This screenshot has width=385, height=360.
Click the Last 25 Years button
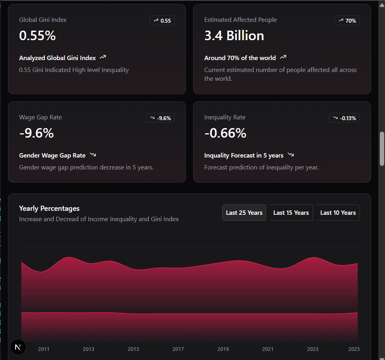[x=244, y=213]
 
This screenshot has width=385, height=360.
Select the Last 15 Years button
[x=291, y=213]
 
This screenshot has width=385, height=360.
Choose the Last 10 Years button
[x=338, y=213]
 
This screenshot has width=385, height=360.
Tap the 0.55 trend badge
[x=162, y=20]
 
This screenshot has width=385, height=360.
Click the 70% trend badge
[x=347, y=20]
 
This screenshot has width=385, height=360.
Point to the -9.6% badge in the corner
[x=160, y=118]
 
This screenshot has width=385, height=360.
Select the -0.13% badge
[x=344, y=118]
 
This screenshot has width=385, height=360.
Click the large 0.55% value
[x=37, y=36]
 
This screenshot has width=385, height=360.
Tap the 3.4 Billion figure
[x=234, y=36]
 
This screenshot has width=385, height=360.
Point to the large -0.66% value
[x=225, y=133]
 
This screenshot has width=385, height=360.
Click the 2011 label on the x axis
[x=44, y=349]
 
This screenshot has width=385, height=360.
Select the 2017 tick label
[x=178, y=349]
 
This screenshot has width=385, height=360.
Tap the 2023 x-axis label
[x=313, y=349]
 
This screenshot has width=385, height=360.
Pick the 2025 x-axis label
[x=354, y=349]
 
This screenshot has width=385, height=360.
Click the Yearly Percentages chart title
[x=49, y=208]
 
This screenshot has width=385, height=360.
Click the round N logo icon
[x=18, y=347]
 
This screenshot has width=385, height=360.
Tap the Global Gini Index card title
[x=43, y=20]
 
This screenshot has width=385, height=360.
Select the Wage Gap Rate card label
[x=41, y=117]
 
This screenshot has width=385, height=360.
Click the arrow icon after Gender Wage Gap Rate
[x=93, y=155]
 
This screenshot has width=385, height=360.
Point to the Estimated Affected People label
[x=240, y=20]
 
